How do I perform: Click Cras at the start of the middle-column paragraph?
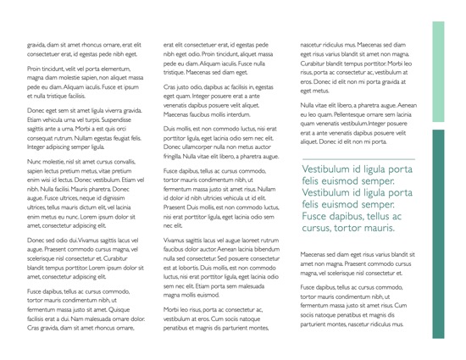point(170,86)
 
